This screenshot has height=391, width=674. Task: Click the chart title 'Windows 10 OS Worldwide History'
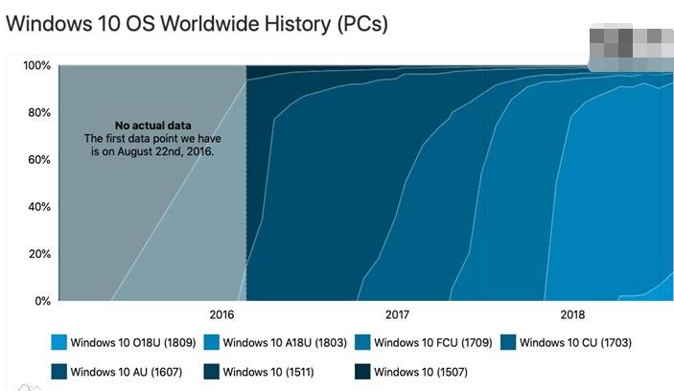197,24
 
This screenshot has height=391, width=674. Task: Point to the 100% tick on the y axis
35,66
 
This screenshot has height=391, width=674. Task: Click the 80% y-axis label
38,113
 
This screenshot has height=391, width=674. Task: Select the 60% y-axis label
38,160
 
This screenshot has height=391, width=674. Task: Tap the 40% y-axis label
38,207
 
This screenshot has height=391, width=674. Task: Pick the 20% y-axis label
38,254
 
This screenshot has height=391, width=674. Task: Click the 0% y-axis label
41,301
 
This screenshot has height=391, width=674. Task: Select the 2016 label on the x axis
222,315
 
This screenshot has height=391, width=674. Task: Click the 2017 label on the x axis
397,315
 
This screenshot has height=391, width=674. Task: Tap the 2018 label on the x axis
571,315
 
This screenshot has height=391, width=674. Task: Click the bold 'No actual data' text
153,126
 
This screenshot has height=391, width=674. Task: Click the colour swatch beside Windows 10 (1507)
363,370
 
